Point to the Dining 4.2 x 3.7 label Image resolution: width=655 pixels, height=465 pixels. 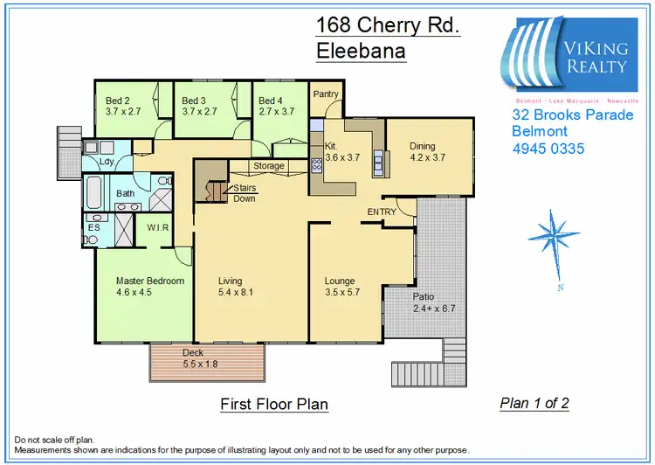(x=428, y=152)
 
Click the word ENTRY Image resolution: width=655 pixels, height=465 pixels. (x=382, y=212)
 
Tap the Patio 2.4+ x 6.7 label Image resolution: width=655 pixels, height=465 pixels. (x=434, y=302)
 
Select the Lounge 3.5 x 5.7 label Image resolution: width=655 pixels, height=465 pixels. (x=339, y=287)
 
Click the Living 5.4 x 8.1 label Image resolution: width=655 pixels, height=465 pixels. (x=235, y=287)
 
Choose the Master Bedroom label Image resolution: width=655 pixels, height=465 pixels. (x=150, y=287)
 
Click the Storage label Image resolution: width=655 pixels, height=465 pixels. (x=269, y=165)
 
